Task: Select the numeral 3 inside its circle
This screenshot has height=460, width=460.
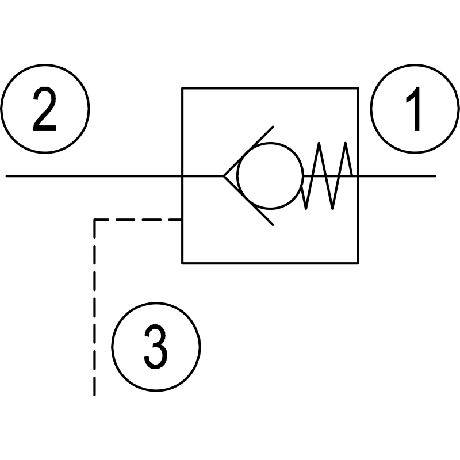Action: click(x=156, y=347)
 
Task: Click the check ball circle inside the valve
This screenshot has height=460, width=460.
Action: click(x=269, y=175)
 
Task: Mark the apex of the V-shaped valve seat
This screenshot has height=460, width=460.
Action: click(x=225, y=175)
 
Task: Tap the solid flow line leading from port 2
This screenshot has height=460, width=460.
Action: click(x=92, y=175)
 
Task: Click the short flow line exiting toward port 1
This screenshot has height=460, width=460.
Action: click(x=397, y=175)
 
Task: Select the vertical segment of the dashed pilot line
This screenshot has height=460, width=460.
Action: click(x=94, y=305)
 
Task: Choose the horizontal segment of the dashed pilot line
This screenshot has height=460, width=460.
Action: click(x=138, y=219)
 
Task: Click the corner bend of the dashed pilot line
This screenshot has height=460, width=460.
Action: click(x=94, y=219)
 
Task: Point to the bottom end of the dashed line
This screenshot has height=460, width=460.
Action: click(x=94, y=395)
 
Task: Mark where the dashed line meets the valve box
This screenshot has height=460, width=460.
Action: click(x=182, y=219)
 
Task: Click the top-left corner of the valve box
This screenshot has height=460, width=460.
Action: click(x=182, y=88)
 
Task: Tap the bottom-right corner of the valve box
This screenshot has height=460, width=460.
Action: click(x=359, y=263)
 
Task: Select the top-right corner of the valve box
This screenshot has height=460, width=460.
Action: click(x=359, y=88)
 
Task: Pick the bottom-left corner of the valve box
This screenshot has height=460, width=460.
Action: click(x=182, y=263)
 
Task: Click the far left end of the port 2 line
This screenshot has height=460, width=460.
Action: click(x=7, y=175)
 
